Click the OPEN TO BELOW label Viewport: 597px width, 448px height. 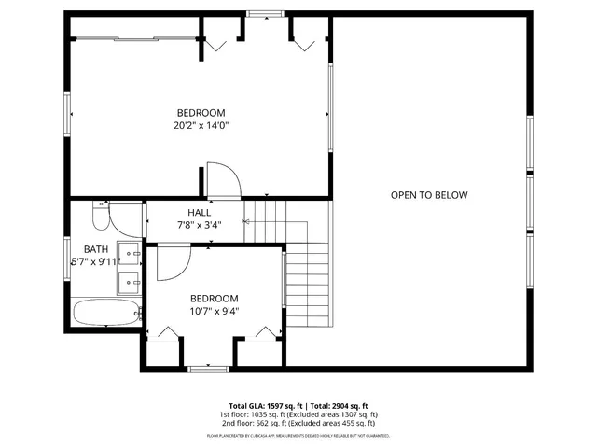pos(428,195)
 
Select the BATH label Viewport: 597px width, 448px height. pos(96,249)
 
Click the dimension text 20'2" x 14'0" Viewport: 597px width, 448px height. pos(201,125)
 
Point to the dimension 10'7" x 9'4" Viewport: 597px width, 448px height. pos(214,312)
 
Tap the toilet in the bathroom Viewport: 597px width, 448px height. pos(101,219)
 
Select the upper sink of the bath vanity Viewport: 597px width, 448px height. pos(131,252)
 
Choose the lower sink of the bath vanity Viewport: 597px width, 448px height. pos(131,279)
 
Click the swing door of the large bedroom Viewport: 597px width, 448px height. pos(221,180)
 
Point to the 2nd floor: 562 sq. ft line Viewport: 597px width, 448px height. pos(298,423)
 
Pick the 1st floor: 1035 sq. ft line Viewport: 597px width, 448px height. pos(298,414)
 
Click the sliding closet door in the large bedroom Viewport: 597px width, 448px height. pos(134,39)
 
